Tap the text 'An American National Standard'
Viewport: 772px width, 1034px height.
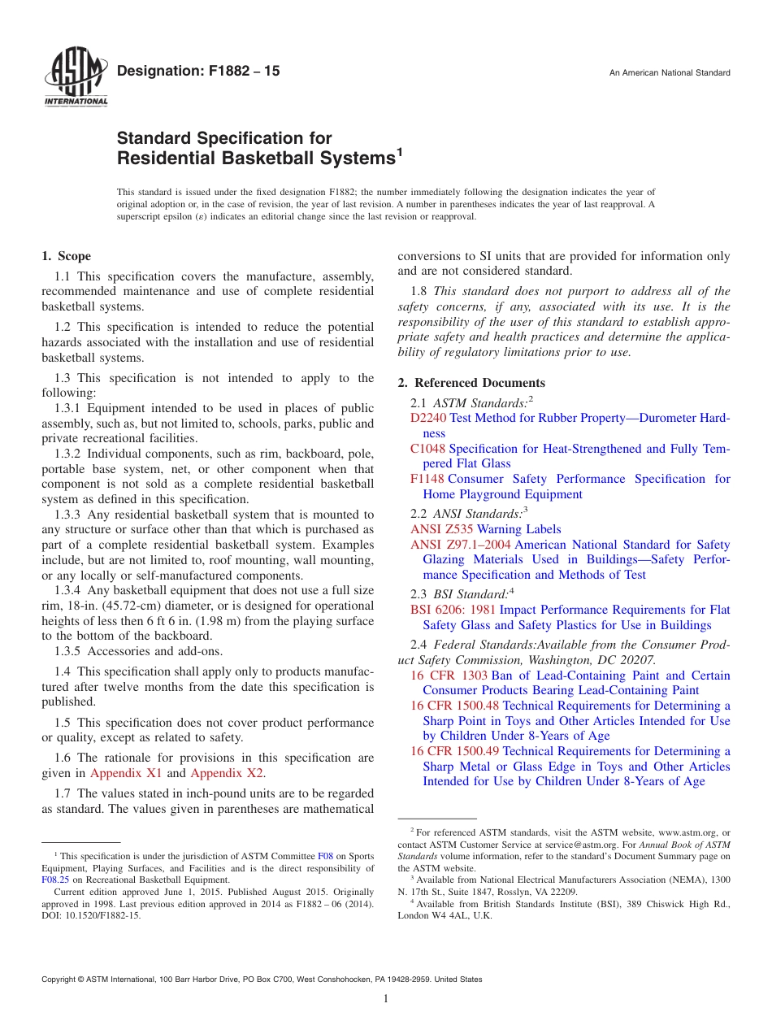[x=670, y=73]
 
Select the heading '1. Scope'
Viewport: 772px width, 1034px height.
[x=66, y=256]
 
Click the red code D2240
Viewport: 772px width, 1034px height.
[x=428, y=419]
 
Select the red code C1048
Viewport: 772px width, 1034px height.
[x=427, y=449]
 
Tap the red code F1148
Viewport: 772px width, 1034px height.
[x=427, y=480]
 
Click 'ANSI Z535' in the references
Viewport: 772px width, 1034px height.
[x=442, y=529]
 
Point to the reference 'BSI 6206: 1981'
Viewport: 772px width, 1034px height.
[x=453, y=610]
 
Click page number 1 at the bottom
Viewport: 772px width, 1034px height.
[x=386, y=998]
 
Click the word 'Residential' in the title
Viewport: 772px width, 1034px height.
[x=165, y=159]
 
